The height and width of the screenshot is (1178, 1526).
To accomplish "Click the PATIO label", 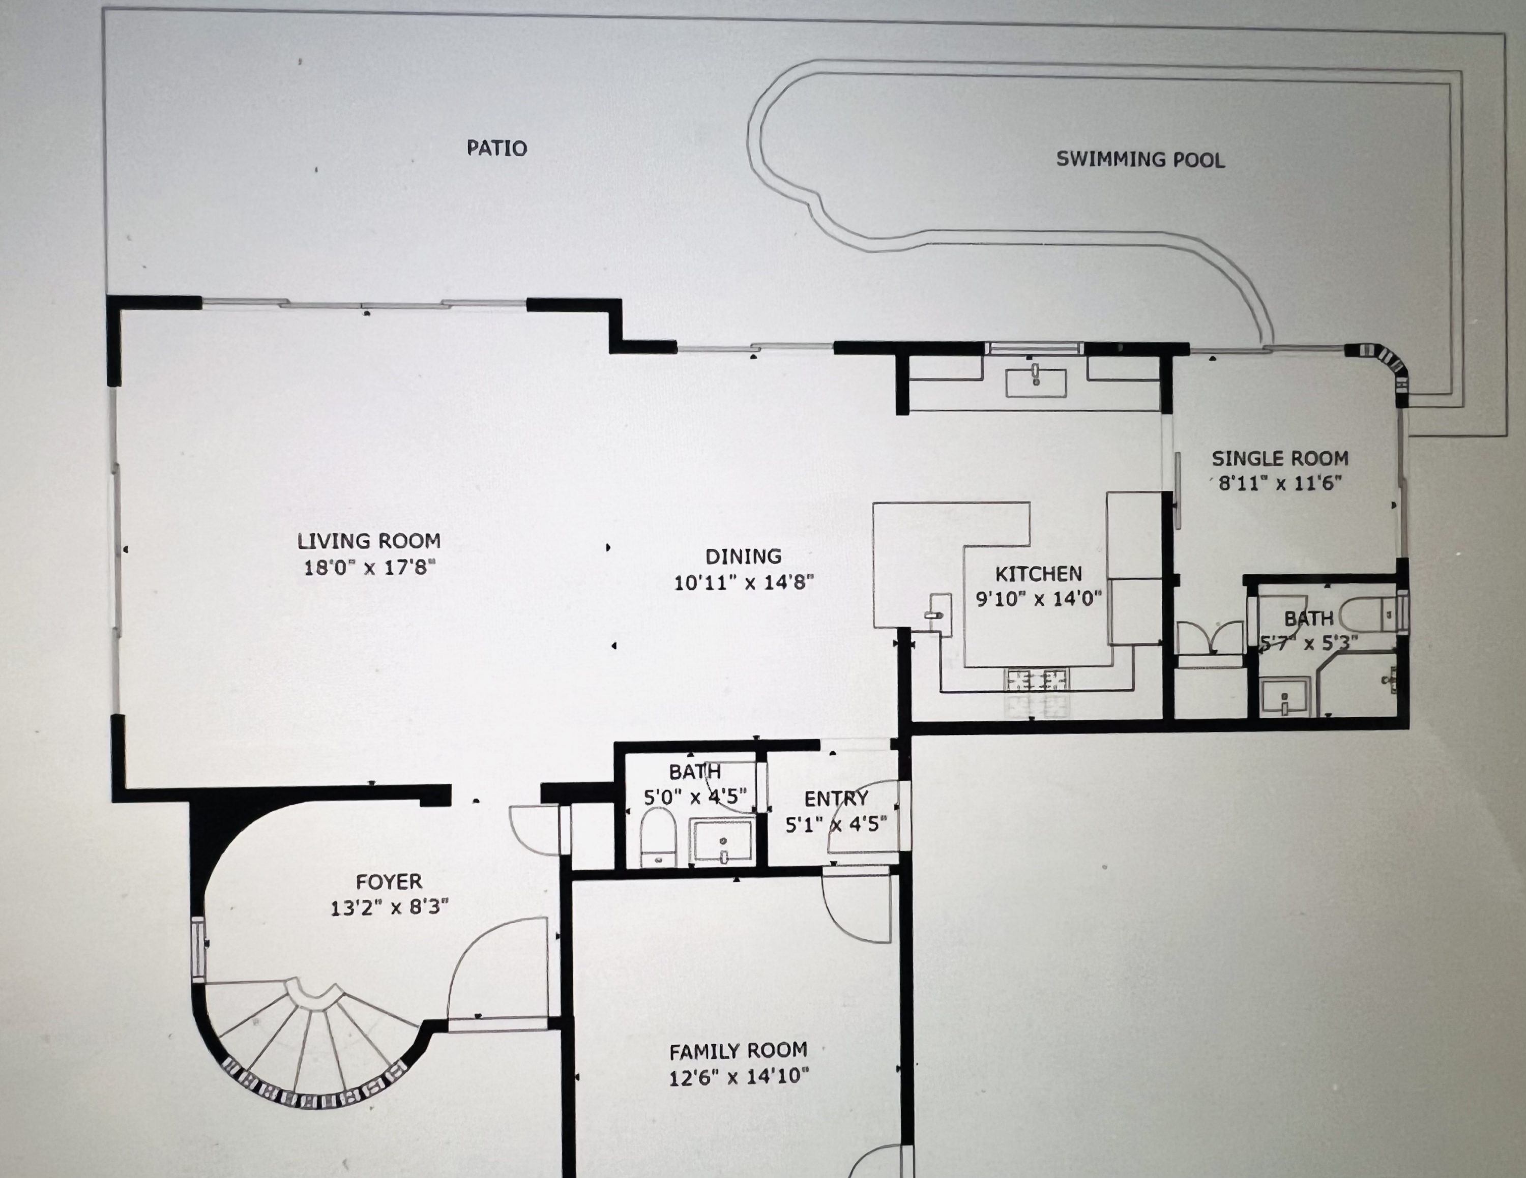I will pos(497,148).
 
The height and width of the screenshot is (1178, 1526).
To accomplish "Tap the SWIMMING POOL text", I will pos(1140,159).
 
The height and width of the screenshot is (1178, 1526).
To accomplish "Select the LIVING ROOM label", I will pos(369,541).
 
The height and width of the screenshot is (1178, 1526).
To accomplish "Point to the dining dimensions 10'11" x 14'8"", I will pos(744,582).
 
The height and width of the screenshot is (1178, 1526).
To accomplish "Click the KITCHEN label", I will pos(1038,574).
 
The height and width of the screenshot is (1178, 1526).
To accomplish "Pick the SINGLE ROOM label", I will pos(1280,458).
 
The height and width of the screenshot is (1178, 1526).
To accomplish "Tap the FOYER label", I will pos(389,882).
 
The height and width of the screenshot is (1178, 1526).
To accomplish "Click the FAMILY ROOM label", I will pos(739,1051).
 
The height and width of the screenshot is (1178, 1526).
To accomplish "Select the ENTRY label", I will pos(836,799).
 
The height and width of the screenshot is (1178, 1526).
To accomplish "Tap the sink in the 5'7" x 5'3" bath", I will pos(1284,698).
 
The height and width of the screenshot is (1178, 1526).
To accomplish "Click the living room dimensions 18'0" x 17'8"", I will pos(369,567).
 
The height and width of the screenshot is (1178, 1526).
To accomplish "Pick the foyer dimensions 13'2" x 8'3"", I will pos(389,907).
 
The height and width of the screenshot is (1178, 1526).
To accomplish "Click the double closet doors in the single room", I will pos(1210,638).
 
